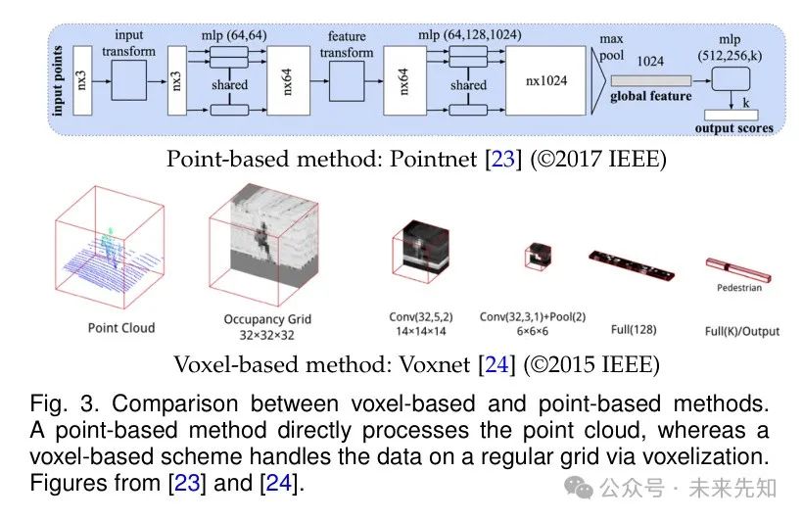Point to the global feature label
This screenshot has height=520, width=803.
[650, 96]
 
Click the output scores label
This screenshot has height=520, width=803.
[733, 127]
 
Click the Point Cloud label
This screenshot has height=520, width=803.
[121, 328]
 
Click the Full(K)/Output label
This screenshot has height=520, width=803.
[742, 331]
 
